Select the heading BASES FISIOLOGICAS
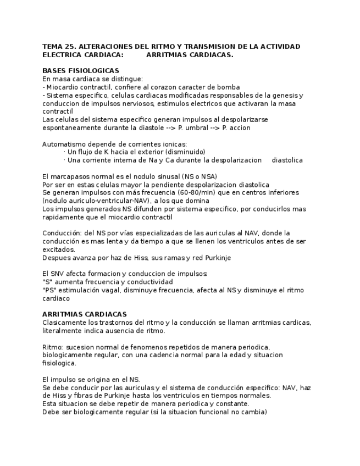[81, 71]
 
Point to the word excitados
[58, 249]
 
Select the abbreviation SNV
[58, 274]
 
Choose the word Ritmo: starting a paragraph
[53, 347]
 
